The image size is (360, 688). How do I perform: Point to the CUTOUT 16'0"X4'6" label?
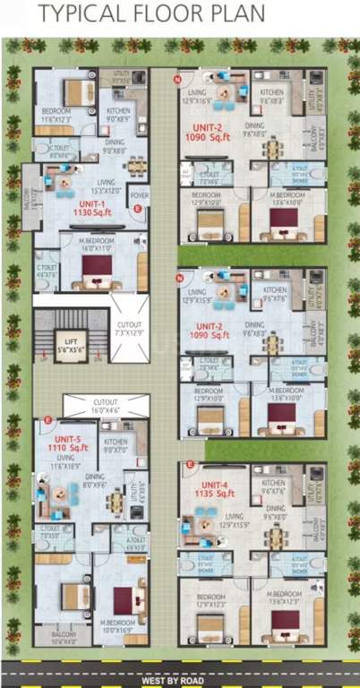click(x=105, y=407)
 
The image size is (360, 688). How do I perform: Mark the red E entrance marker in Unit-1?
click(x=137, y=209)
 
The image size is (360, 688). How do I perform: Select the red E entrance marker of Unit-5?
click(x=47, y=421)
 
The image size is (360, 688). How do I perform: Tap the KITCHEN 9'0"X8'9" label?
click(x=119, y=115)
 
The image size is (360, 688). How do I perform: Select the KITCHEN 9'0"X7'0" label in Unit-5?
click(x=116, y=444)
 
